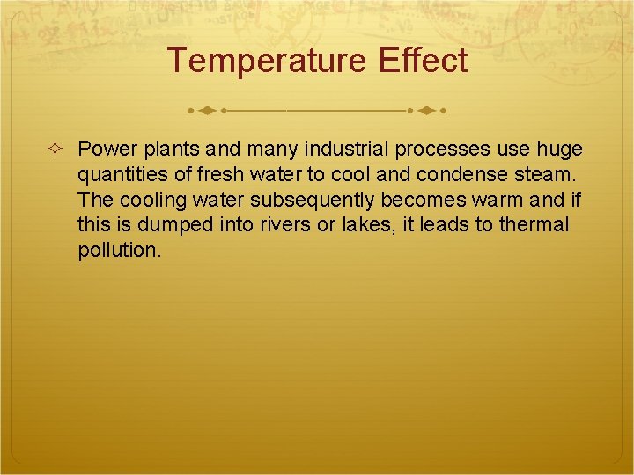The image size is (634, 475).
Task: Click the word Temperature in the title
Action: coord(268,62)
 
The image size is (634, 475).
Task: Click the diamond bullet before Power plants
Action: coord(56,149)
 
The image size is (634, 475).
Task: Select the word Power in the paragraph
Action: coord(103,149)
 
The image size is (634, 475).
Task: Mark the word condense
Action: coord(463,174)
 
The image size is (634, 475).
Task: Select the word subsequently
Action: coord(321,200)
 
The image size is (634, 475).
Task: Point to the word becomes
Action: coord(424,200)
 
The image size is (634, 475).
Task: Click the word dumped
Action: coord(173,225)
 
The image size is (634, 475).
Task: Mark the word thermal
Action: coord(534,225)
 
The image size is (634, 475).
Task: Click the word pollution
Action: coord(119,251)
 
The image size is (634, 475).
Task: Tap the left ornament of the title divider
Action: coord(208,112)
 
